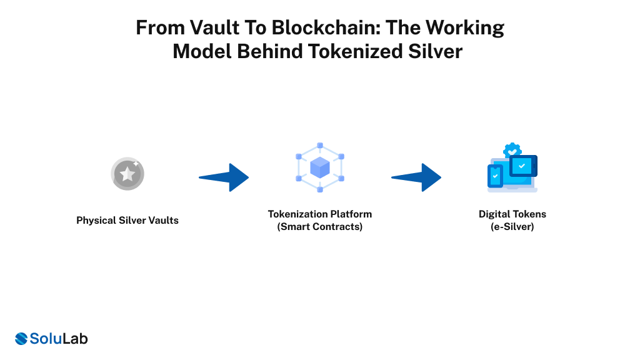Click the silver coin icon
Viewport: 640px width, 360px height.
127,174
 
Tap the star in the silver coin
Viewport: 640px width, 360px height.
127,174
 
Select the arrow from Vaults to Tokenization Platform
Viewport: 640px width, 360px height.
226,177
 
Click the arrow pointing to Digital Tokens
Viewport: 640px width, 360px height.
419,177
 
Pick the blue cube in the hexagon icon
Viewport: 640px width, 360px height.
319,167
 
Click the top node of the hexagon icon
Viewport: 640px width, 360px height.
319,146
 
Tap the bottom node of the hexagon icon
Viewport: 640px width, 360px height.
319,189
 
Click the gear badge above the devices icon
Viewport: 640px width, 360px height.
512,150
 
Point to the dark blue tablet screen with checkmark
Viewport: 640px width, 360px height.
522,166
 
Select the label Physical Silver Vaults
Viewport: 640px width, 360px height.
127,220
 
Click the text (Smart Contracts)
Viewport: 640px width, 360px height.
319,226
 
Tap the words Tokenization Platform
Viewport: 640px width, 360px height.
319,214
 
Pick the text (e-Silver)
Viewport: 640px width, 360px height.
512,226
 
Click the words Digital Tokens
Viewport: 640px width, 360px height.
512,214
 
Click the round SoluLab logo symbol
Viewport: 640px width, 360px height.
21,339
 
